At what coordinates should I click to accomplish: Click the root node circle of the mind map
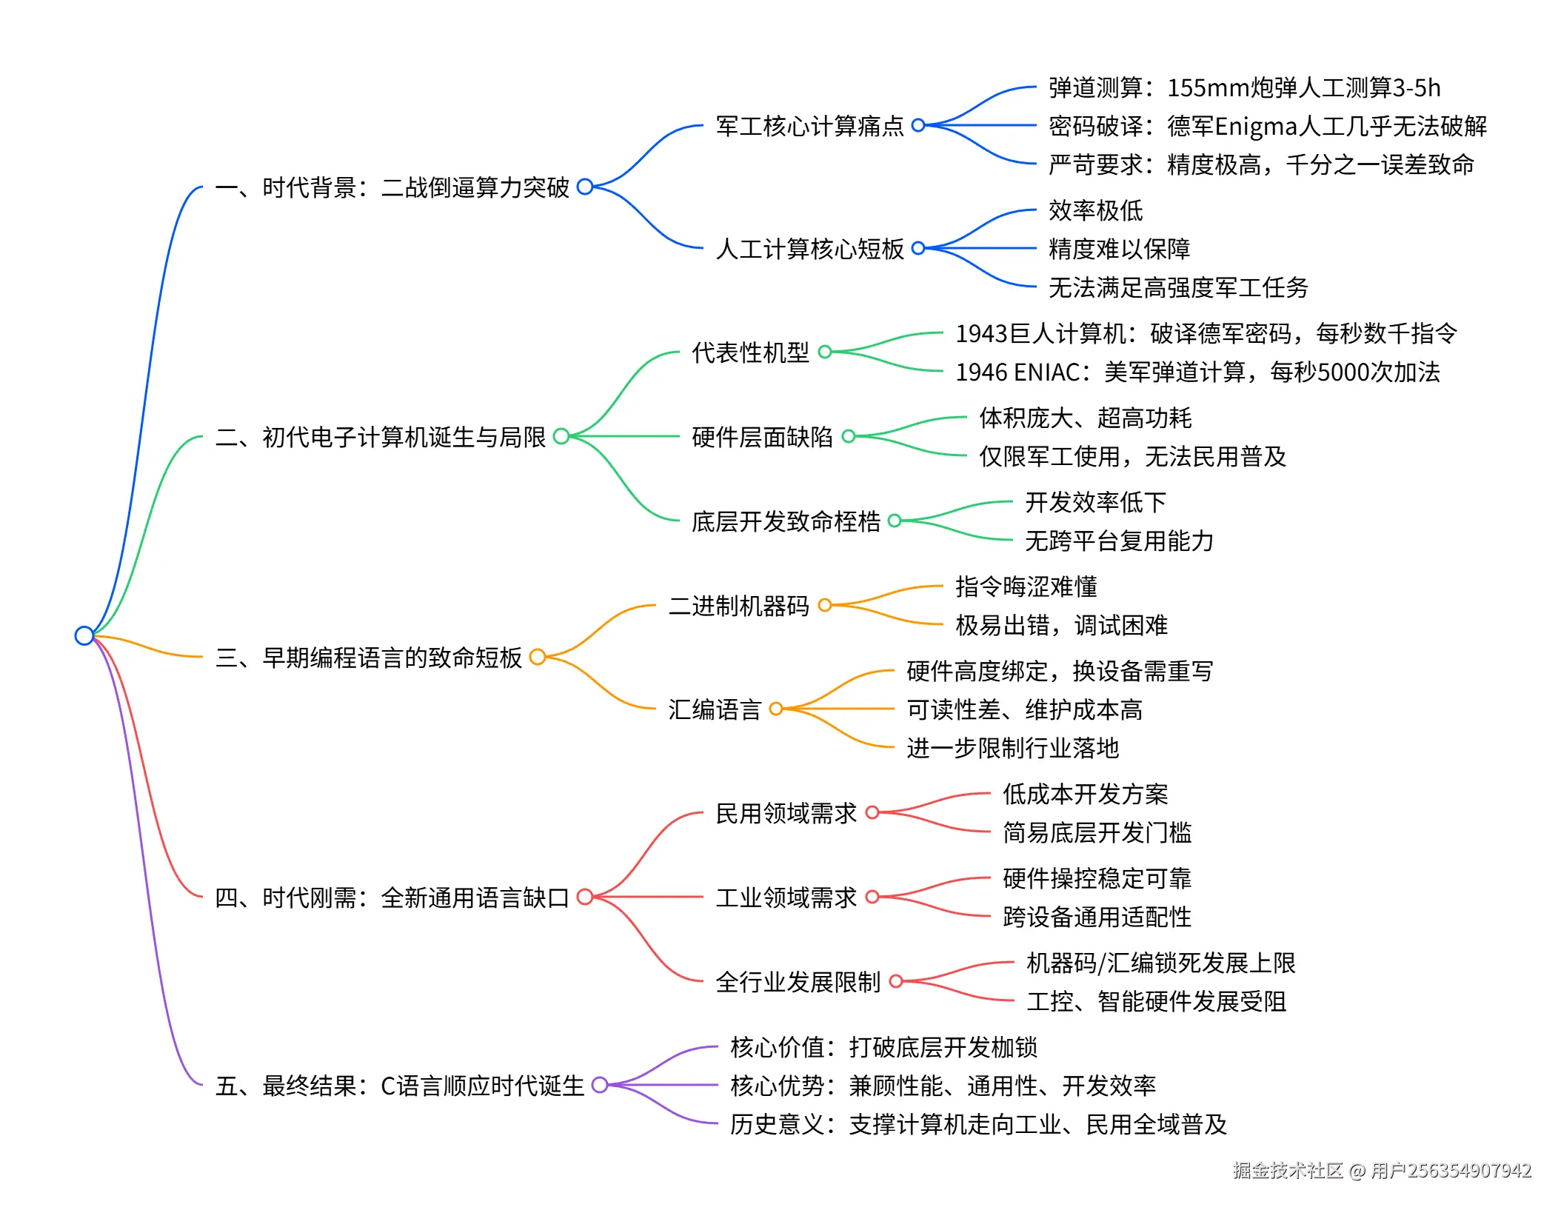[84, 635]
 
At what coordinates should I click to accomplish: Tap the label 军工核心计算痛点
[809, 126]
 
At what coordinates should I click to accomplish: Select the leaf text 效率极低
[1095, 211]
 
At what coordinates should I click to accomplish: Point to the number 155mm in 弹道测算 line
[1208, 88]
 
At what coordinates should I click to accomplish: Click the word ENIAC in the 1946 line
[1046, 372]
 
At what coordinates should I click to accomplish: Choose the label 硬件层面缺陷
[762, 437]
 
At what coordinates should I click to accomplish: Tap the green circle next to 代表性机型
[825, 352]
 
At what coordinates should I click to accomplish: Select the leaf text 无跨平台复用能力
[1119, 541]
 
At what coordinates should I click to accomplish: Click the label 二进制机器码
[738, 606]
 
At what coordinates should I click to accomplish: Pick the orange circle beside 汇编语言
[776, 709]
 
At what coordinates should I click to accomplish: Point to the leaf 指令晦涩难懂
[1026, 586]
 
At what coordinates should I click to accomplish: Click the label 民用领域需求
[786, 813]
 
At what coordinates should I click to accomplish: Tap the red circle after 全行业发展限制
[896, 982]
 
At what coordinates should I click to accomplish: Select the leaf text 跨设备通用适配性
[1097, 917]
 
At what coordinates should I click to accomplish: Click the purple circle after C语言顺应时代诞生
[600, 1086]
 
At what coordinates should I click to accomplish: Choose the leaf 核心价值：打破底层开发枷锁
[883, 1047]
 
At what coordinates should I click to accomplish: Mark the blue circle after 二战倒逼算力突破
[585, 187]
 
